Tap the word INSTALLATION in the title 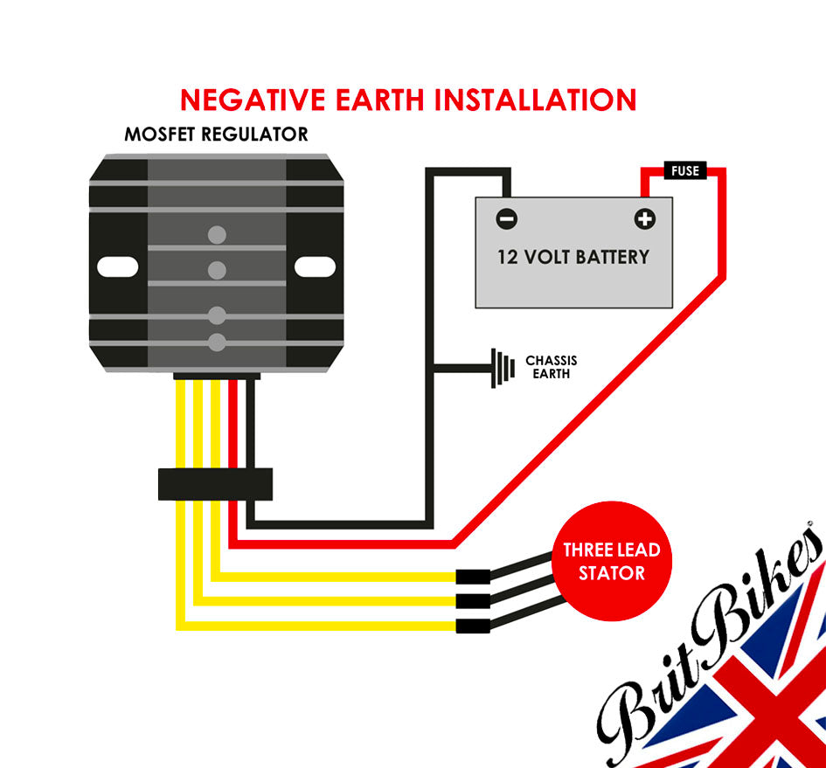coord(536,100)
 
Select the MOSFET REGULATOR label coord(216,135)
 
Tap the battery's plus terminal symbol coord(644,218)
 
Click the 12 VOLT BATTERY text coord(573,257)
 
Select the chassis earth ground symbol coord(501,367)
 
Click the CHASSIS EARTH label coord(551,367)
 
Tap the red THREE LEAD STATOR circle coord(611,562)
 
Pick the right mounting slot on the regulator coord(315,266)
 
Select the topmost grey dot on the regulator coord(217,234)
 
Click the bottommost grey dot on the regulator coord(217,341)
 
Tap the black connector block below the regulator coord(215,484)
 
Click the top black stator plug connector coord(473,577)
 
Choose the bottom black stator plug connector coord(473,626)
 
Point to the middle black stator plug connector coord(473,601)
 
